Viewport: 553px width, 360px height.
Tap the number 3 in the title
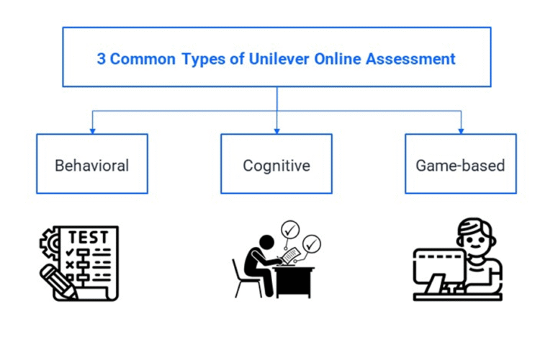pyautogui.click(x=102, y=59)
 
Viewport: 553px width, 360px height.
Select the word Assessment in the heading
pyautogui.click(x=412, y=59)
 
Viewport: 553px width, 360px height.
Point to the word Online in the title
pyautogui.click(x=338, y=59)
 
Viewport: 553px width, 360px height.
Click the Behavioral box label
pyautogui.click(x=92, y=165)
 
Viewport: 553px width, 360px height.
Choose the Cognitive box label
pyautogui.click(x=276, y=165)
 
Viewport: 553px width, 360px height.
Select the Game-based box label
pyautogui.click(x=460, y=165)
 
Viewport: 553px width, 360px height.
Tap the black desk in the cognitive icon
pyautogui.click(x=295, y=281)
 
